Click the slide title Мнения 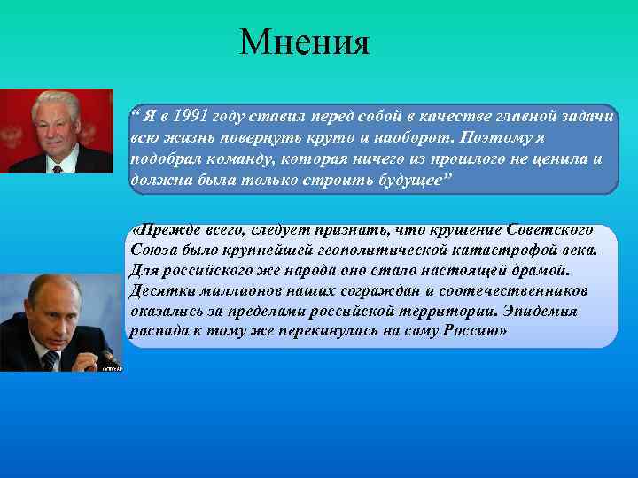pyautogui.click(x=304, y=42)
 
